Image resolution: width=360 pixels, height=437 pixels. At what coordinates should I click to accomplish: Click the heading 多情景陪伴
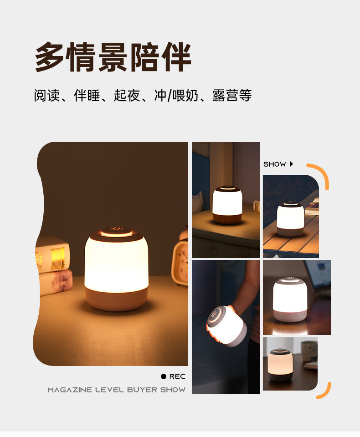point(113,57)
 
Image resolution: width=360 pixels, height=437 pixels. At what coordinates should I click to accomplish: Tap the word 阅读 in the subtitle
point(46,96)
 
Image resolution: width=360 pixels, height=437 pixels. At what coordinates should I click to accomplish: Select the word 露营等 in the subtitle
point(232,96)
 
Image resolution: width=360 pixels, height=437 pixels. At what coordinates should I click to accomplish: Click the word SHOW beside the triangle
point(275,164)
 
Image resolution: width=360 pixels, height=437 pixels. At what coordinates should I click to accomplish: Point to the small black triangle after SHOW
point(292,164)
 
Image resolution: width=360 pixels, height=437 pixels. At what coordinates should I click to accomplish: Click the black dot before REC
point(164,376)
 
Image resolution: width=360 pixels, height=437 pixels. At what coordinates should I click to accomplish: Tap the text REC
point(177,376)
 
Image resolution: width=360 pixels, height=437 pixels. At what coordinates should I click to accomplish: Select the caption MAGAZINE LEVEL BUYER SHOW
point(117,390)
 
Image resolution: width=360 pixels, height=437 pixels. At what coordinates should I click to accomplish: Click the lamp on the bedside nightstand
point(227,204)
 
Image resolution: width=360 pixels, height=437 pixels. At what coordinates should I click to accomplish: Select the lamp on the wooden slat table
point(290,219)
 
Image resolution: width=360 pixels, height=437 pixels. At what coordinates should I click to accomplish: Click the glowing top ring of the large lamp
point(116,233)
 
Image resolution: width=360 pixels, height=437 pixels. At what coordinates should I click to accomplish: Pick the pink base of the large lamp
point(117,299)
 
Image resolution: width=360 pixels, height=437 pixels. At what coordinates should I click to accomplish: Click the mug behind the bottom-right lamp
point(309,351)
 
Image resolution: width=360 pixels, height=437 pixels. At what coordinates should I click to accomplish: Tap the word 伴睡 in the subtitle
point(87,96)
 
